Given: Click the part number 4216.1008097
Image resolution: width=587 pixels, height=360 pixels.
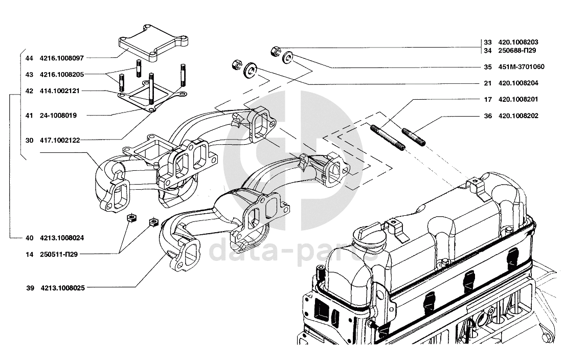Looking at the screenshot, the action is [64, 58].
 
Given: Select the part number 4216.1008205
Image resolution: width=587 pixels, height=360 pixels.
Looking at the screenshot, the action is [64, 75].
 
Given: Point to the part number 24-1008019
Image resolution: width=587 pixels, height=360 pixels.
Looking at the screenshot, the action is [58, 116].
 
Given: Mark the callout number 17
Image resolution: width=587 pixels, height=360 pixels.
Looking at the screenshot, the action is [487, 99].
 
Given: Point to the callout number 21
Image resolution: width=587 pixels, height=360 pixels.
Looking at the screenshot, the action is [487, 83].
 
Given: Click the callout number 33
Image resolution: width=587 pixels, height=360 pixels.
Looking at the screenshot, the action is [487, 42].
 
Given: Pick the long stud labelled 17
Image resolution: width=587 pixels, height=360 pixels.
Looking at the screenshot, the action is [387, 137].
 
